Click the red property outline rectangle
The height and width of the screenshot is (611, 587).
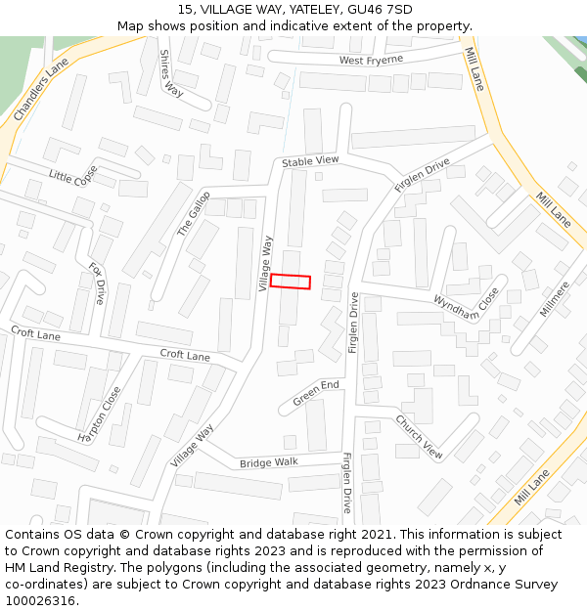291,282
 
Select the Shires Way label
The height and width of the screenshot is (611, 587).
171,73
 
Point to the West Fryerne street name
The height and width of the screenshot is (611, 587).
371,61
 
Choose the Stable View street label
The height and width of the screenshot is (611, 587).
310,160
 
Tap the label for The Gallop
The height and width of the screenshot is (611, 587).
193,214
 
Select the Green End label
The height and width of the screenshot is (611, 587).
316,393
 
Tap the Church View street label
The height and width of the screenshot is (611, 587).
419,436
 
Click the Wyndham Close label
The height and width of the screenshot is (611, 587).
467,304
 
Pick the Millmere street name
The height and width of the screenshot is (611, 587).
554,299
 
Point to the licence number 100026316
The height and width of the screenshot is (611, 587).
39,601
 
